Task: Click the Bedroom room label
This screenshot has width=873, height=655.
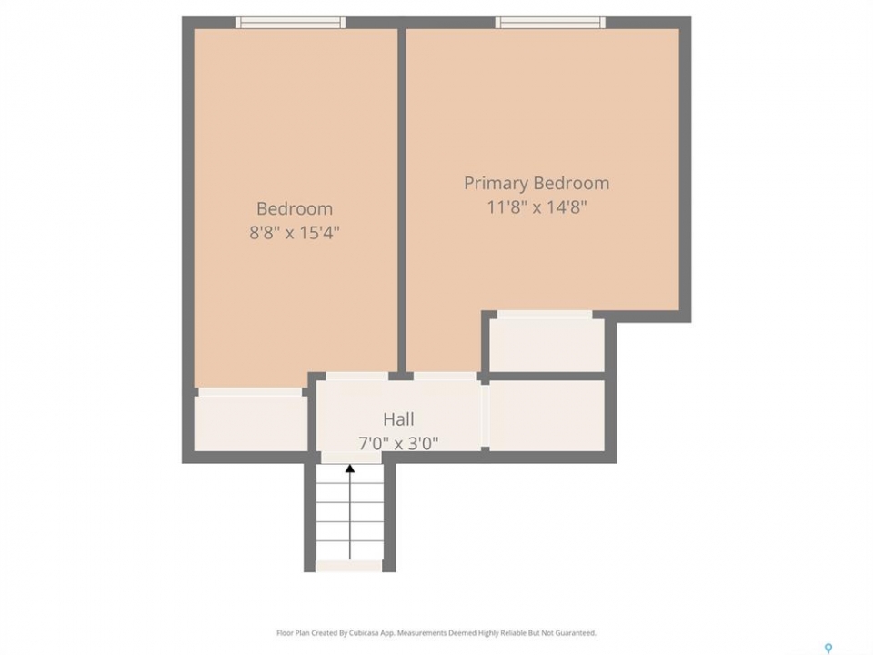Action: (295, 208)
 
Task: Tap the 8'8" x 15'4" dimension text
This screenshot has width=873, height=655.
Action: (295, 232)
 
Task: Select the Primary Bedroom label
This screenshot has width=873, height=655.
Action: (537, 183)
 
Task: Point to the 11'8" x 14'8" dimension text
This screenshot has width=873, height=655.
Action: (537, 207)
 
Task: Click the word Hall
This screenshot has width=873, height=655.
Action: (398, 418)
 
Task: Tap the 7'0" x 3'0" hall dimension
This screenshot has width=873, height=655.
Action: (398, 443)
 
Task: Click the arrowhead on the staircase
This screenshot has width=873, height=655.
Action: (349, 469)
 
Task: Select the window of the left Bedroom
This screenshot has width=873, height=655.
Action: (291, 22)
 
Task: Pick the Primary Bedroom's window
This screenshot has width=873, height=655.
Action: (551, 22)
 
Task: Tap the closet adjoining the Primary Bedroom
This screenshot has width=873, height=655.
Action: (547, 345)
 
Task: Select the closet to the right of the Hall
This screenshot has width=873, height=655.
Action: (547, 416)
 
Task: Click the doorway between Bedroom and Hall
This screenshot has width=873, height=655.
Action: (356, 377)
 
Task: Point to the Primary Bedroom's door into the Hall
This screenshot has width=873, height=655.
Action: (445, 377)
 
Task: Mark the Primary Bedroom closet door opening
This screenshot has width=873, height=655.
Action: (545, 316)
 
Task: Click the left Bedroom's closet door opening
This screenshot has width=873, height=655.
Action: (251, 392)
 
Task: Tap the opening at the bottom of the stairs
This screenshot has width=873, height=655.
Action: (349, 567)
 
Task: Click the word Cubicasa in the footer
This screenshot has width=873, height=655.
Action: (364, 633)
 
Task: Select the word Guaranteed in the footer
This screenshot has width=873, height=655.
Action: (578, 633)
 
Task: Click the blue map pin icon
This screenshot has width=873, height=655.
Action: (828, 649)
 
